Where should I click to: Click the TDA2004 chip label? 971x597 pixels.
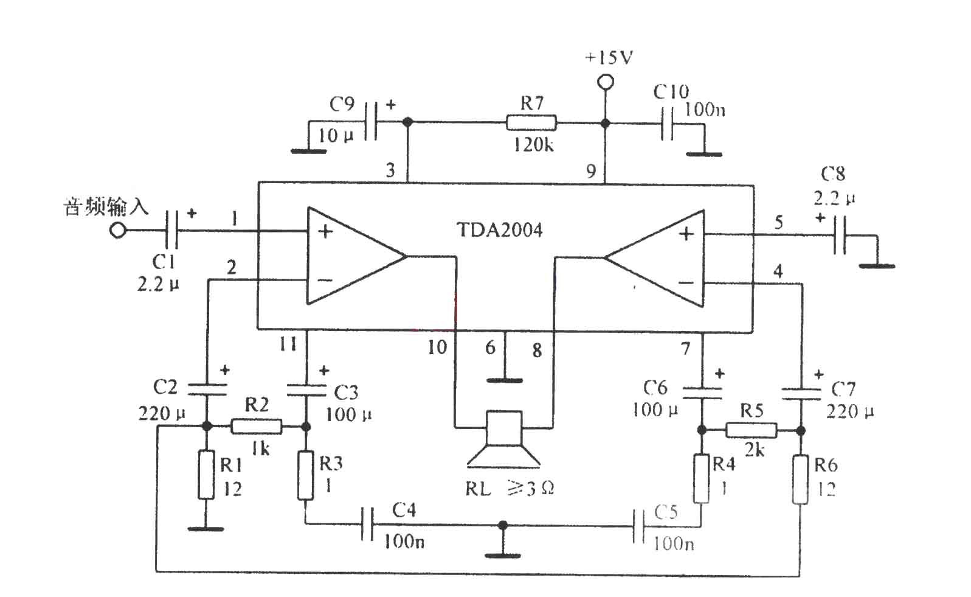coord(499,229)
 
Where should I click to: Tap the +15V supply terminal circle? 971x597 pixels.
coord(606,82)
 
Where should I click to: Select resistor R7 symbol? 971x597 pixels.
coord(531,123)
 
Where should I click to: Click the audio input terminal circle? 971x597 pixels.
coord(117,229)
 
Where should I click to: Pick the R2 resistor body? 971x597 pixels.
coord(256,427)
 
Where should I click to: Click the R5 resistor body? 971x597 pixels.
coord(752,430)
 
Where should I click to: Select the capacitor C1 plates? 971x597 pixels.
coord(172,229)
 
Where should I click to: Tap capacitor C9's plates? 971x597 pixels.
coord(371,121)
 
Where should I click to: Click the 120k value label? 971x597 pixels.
coord(534,144)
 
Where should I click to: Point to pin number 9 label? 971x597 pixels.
coord(591,172)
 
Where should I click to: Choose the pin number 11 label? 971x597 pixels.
coord(288,344)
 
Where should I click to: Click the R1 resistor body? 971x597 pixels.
coord(206,475)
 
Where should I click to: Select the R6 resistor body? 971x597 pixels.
coord(801,479)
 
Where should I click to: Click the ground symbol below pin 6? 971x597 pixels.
coord(504,380)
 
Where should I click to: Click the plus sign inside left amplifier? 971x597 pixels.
coord(325,231)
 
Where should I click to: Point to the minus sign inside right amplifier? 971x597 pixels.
coord(686,283)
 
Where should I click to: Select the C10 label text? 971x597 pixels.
coord(671,91)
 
